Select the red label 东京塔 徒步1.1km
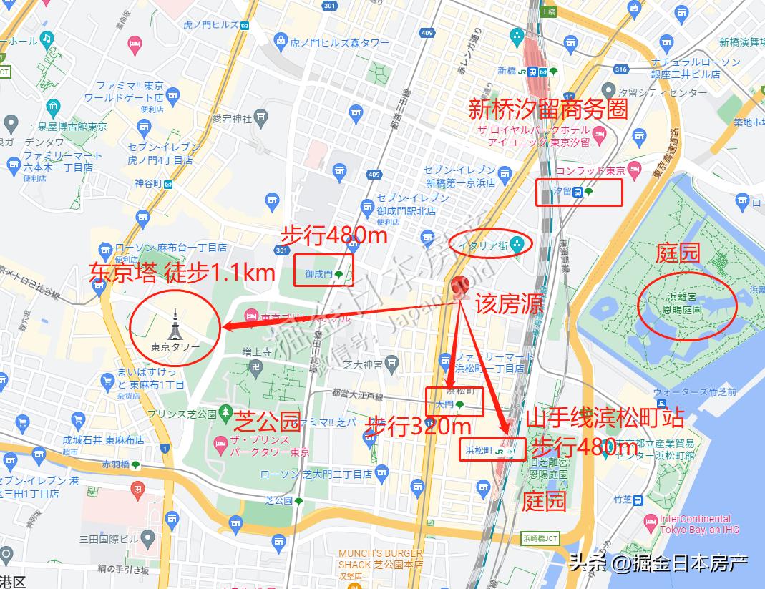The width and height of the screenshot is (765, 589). (x=182, y=272)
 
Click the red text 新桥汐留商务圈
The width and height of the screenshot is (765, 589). (x=547, y=109)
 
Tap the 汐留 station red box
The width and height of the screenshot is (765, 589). (x=579, y=192)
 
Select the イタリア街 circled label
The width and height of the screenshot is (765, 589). (x=491, y=245)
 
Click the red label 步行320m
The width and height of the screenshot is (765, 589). (x=418, y=427)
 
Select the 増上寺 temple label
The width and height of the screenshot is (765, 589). (x=257, y=352)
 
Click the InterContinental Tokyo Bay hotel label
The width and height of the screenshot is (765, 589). (x=694, y=524)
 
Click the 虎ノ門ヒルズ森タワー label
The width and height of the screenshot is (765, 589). (x=340, y=43)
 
